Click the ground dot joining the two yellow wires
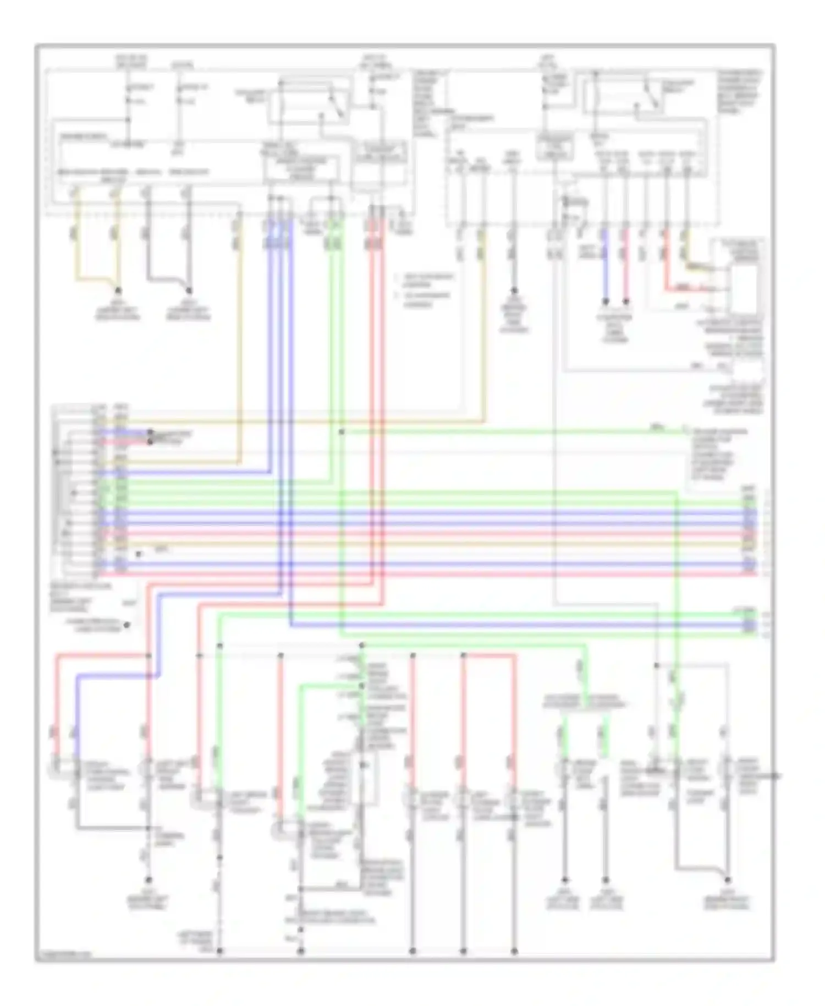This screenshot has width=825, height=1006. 118,290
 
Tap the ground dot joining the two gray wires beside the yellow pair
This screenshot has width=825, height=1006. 189,290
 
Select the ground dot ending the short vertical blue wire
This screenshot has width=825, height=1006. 605,302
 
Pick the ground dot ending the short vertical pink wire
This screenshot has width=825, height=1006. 626,302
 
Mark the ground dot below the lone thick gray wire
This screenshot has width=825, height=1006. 514,290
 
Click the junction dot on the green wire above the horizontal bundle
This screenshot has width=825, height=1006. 342,432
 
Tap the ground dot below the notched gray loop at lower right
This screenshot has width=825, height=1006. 728,881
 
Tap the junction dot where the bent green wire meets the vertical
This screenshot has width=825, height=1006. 361,686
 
